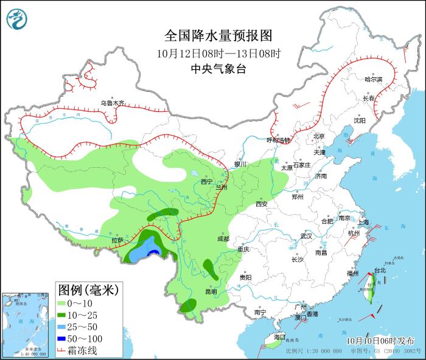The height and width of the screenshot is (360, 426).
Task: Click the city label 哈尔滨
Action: click(373, 80)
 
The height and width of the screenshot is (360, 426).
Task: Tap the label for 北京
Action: click(319, 136)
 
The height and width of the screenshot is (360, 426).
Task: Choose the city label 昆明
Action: click(211, 291)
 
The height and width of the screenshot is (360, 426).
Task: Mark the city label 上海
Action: click(364, 223)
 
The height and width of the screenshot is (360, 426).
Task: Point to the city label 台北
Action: click(380, 270)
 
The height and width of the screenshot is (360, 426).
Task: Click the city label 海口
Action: click(279, 336)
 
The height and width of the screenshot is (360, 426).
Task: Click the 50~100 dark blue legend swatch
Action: click(62, 338)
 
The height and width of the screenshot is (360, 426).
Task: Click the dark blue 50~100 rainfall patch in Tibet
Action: click(155, 251)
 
